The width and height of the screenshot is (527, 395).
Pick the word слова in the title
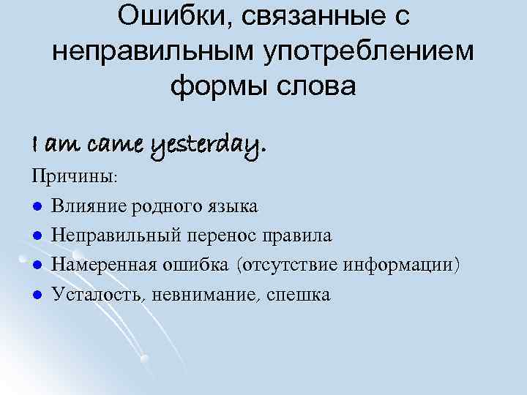click(x=317, y=86)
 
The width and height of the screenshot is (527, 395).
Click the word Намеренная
click(x=102, y=266)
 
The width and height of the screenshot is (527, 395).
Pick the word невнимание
click(x=214, y=295)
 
